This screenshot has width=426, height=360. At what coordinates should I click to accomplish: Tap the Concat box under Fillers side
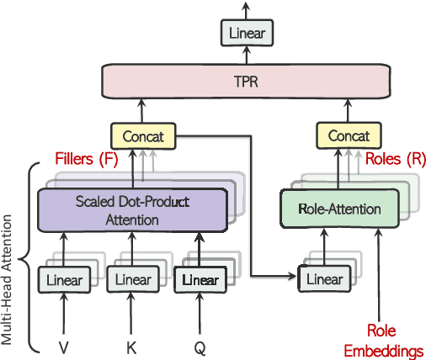point(143,135)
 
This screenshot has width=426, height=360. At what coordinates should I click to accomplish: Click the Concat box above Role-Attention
point(348,135)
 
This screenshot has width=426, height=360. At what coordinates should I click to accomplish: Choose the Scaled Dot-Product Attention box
point(132,209)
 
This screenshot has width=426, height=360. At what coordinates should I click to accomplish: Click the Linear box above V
point(64,279)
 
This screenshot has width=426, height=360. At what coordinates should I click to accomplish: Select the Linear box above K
point(131,279)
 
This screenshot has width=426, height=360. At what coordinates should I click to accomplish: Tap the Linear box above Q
point(199,279)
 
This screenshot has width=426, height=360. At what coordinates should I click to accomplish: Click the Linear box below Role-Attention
point(323,279)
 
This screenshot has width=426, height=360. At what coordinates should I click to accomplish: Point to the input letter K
point(131,345)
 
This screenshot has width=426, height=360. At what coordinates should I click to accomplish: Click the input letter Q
point(199,345)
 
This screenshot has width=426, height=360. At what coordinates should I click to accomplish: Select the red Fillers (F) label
point(85,158)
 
